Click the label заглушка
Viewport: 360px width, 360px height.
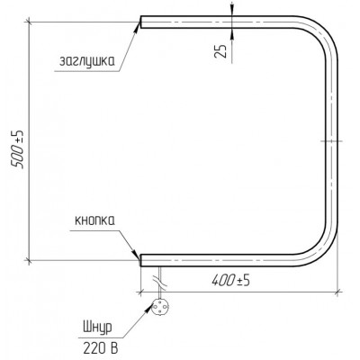click(87, 61)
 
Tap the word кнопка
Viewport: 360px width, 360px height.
click(94, 220)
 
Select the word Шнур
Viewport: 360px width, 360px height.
click(97, 327)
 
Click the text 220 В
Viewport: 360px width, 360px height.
click(100, 348)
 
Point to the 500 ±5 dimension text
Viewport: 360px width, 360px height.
click(18, 149)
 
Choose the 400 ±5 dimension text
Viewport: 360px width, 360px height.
click(231, 281)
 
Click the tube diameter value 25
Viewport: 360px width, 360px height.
click(220, 50)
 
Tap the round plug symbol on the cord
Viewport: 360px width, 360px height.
click(160, 307)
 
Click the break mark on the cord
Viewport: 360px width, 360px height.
click(160, 283)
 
